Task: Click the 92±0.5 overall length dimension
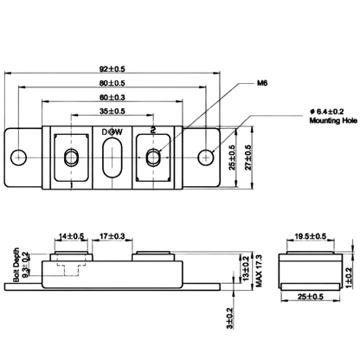coord(112,69)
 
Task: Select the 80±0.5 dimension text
coord(112,83)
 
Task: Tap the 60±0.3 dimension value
coord(112,98)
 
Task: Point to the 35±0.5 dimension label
coord(112,112)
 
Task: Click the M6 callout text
coord(262,83)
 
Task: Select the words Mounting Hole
coord(333,120)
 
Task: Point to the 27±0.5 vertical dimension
coord(248,157)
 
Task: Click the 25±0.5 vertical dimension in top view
coord(232,157)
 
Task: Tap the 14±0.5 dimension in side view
coord(71,236)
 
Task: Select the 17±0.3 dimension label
coord(112,236)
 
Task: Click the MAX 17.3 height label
coord(259,271)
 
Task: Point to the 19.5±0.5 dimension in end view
coord(311,236)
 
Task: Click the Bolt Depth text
coord(16,265)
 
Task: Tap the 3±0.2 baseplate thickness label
coord(229,318)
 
